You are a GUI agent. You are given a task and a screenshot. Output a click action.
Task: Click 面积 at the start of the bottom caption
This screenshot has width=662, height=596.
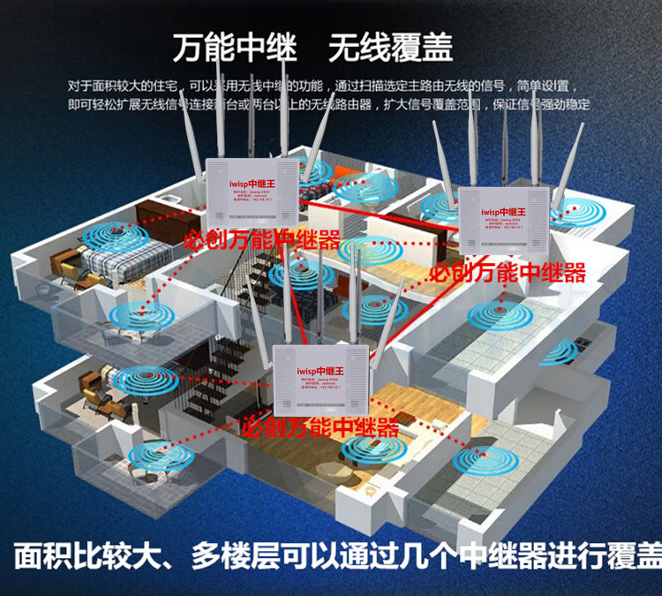pos(41,556)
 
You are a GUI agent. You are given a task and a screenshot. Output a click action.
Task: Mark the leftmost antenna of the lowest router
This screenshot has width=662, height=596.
pos(259,313)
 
